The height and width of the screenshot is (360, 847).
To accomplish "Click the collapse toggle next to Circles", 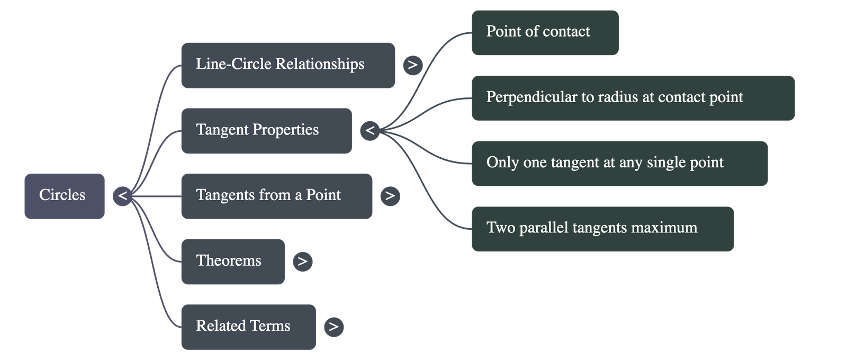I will pos(122,196).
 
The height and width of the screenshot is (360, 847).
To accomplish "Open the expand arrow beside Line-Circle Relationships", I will pos(412,65).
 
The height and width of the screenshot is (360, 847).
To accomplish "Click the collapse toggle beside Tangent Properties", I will pos(370,130).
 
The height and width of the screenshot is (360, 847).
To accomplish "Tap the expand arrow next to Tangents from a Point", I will pos(390,196).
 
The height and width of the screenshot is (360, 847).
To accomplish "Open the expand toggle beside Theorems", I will pos(302,262).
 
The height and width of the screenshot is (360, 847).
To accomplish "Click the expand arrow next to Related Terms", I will pos(334,327).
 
